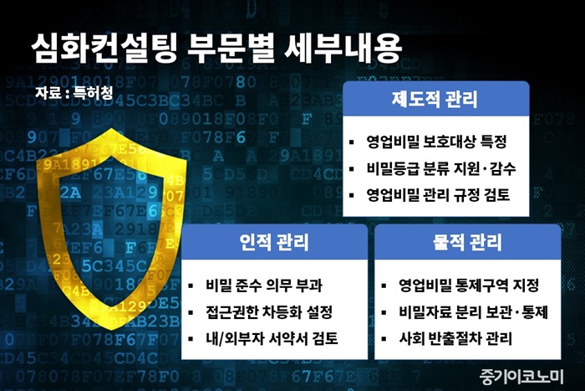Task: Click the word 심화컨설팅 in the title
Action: tap(104, 49)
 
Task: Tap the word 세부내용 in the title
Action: tap(343, 49)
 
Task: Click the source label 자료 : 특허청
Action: tap(74, 93)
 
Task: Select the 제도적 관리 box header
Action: tap(435, 99)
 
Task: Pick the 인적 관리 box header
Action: tap(274, 242)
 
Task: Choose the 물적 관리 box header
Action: tap(467, 242)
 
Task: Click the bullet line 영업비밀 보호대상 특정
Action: tap(436, 141)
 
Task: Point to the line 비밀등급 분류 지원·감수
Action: tap(441, 168)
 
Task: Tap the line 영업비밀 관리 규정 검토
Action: tap(438, 195)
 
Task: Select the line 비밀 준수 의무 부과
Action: tap(264, 286)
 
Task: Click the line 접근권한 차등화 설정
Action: tap(269, 312)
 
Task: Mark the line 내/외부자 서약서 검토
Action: tap(272, 338)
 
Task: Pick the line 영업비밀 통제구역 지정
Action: tap(469, 286)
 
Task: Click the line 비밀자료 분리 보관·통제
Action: tap(474, 312)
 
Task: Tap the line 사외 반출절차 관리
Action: tap(455, 338)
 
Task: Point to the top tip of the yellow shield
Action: tap(111, 129)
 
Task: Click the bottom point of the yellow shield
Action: tap(111, 330)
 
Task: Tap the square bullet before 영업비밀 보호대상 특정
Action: tap(352, 142)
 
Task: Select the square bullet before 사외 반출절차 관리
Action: tap(384, 339)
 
